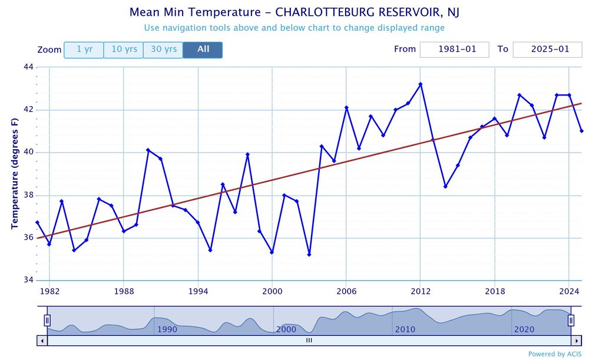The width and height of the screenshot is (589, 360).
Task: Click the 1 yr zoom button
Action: pos(84,49)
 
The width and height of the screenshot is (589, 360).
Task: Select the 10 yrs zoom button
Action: pos(124,49)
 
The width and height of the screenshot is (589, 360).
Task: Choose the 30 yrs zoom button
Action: pos(163,49)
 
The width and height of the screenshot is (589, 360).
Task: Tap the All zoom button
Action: pos(203,49)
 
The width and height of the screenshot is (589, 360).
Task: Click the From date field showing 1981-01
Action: pos(454,49)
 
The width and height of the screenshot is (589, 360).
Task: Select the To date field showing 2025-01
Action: pos(547,49)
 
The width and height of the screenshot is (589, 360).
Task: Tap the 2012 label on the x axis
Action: pos(420,290)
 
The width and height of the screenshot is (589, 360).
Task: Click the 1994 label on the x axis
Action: pos(197,290)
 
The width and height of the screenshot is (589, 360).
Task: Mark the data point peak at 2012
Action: pos(421,84)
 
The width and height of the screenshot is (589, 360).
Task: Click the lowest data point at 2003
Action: pos(309,255)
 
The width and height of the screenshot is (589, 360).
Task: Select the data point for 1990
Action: pos(148,150)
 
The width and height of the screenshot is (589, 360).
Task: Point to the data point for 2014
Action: pos(445,186)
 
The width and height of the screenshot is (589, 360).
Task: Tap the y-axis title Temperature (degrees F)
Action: pos(14,174)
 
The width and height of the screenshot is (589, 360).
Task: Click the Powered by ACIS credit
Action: pos(554,354)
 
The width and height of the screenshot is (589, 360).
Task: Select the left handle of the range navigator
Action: pos(47,321)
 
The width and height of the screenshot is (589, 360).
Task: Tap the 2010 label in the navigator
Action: pos(405,329)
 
